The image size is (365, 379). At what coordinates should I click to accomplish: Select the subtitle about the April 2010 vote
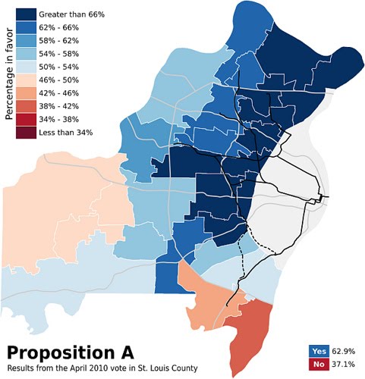pos(102,368)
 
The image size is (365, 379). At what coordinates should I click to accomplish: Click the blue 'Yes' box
pos(319,351)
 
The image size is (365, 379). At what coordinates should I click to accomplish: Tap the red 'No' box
pos(319,365)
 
